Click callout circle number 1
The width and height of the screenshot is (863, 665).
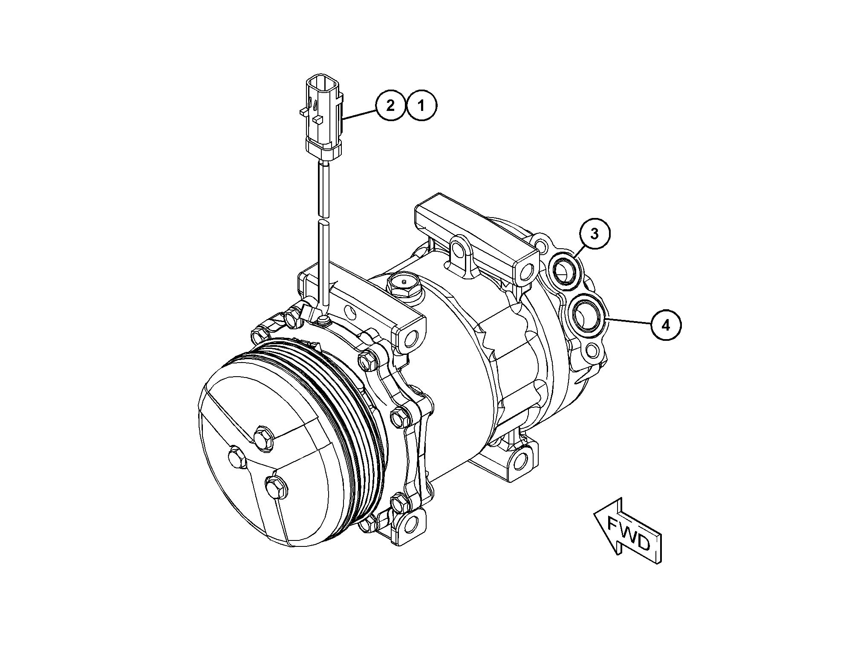(421, 105)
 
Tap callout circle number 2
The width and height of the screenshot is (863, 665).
(390, 105)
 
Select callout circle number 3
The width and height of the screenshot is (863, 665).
(595, 233)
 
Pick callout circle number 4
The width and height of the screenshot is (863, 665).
(666, 325)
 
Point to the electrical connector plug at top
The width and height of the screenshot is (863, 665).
(323, 115)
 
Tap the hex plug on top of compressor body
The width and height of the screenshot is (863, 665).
(404, 283)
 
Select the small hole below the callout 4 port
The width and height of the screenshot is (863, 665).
(592, 350)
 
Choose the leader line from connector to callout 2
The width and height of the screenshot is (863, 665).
(359, 116)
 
